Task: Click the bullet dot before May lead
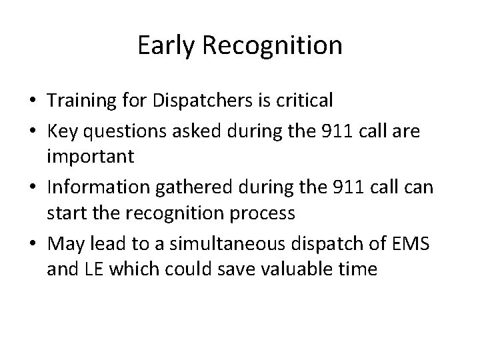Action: click(32, 244)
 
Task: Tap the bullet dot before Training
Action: click(32, 101)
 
